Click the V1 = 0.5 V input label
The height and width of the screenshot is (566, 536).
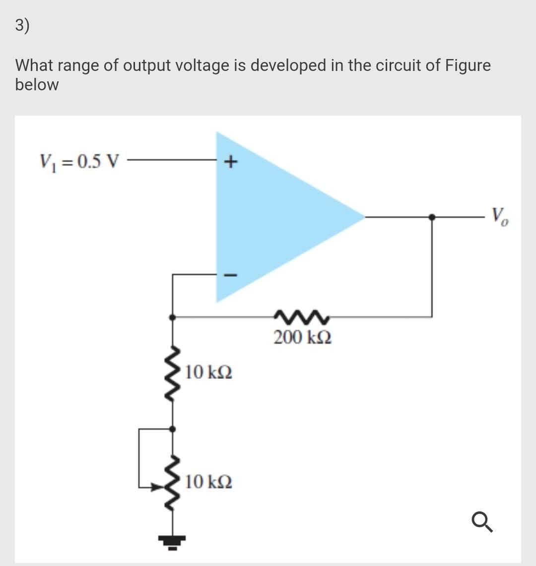coord(79,161)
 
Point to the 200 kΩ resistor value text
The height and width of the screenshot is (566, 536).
coord(303,338)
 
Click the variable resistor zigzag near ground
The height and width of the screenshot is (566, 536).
coord(172,481)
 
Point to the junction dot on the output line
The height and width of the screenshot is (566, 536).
coord(432,217)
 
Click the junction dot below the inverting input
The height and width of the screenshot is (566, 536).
coord(172,316)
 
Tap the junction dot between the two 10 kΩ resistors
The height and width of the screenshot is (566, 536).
coord(172,428)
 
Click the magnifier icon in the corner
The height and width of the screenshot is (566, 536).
coord(482,522)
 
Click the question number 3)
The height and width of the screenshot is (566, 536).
coord(22,25)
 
